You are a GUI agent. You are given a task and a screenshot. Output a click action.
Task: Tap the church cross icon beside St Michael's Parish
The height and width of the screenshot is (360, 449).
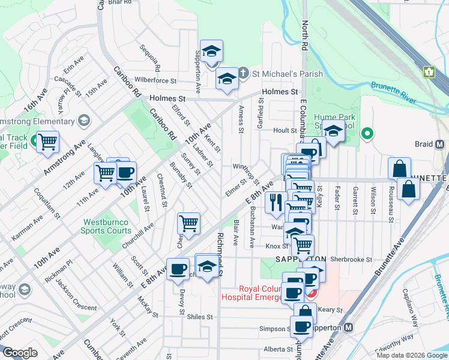(243, 74)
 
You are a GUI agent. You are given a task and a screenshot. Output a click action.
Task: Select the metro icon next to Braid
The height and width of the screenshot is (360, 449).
(439, 145)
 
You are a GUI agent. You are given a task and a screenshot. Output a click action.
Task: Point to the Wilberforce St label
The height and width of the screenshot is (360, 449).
(155, 80)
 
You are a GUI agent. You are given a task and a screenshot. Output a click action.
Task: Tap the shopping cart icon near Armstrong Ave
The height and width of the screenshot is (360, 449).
(47, 143)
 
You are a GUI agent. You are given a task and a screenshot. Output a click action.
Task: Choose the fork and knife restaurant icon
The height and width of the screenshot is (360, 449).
(276, 202)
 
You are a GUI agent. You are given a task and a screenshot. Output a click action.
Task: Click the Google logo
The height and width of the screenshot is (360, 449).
(20, 353)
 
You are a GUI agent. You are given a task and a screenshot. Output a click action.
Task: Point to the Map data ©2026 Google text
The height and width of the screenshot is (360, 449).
(411, 355)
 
